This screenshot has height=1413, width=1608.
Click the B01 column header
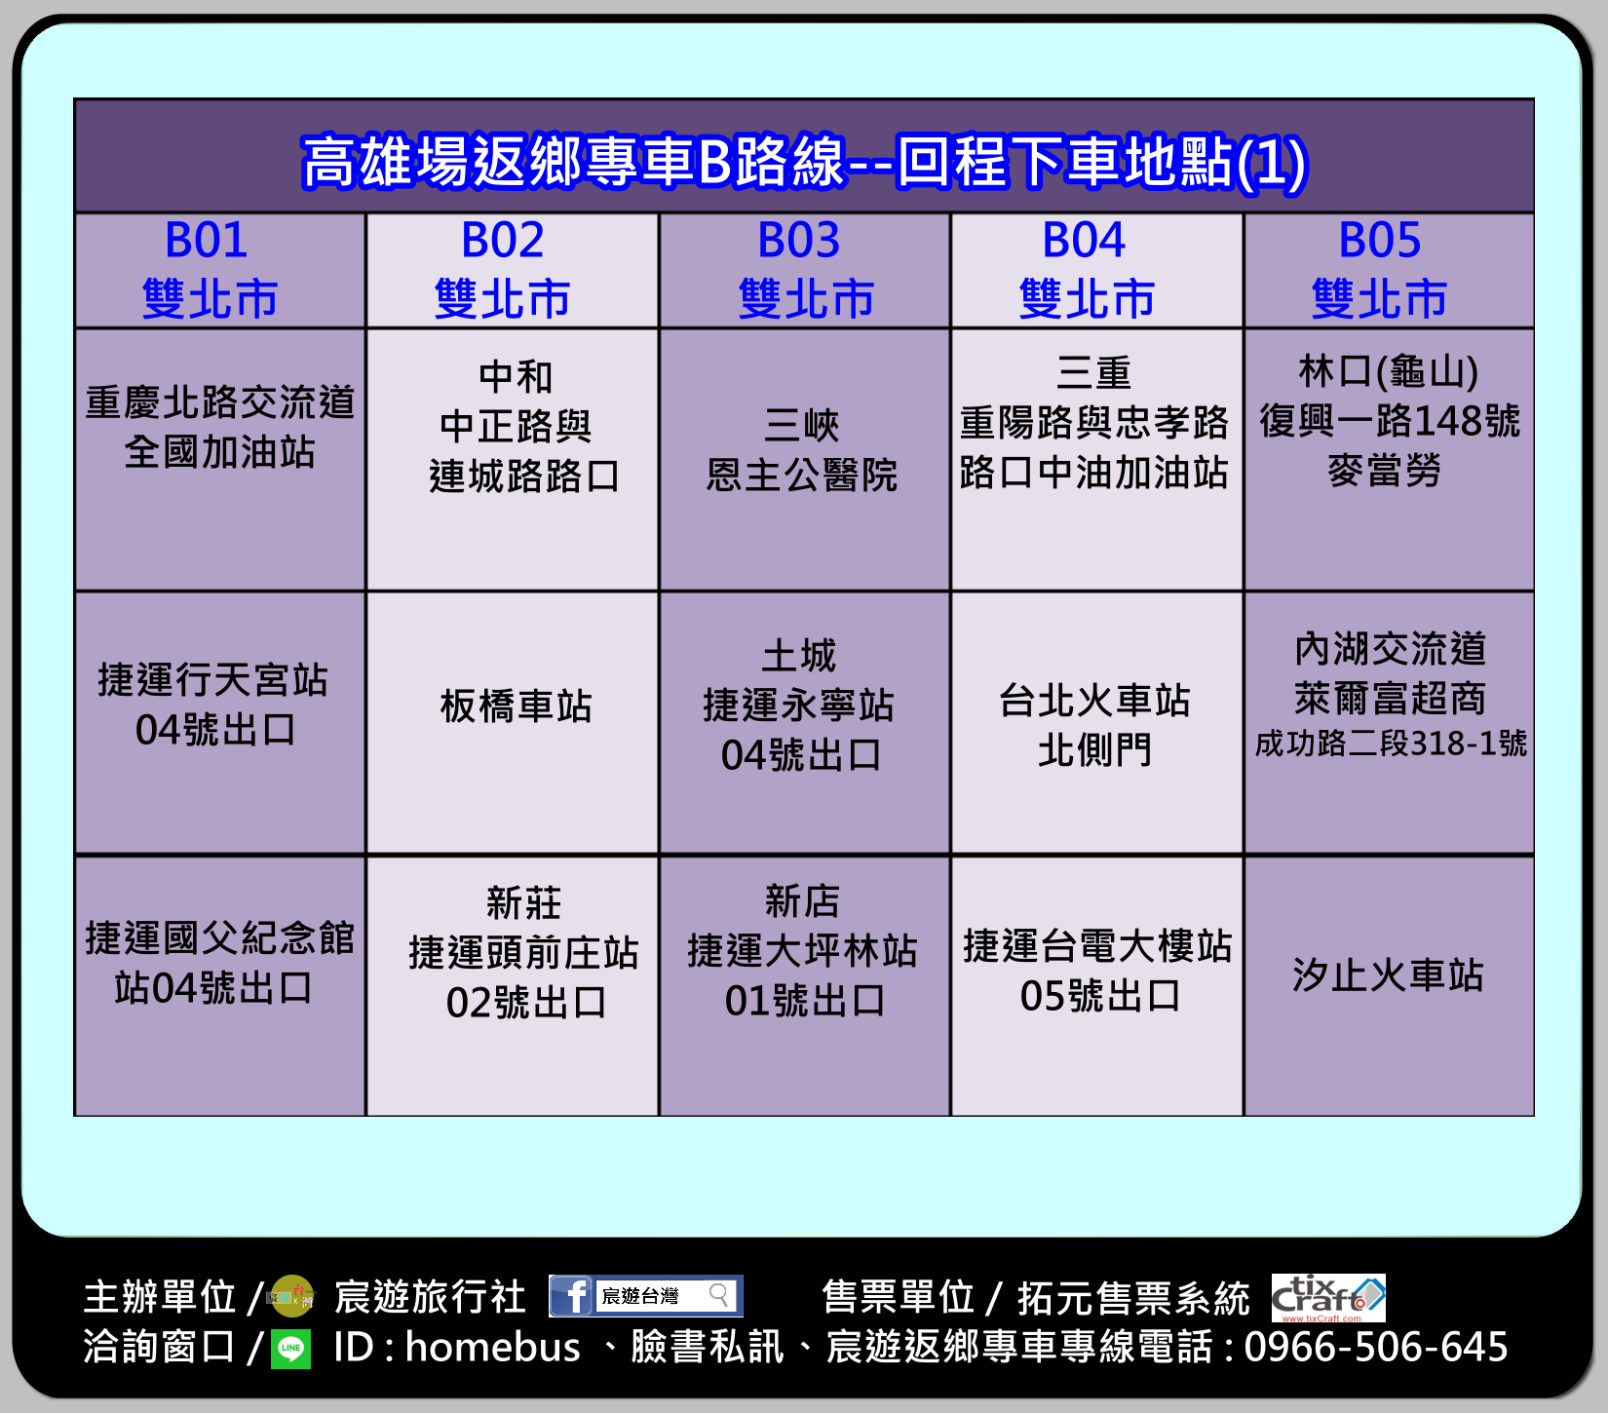click(220, 270)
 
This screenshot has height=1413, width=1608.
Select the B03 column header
click(805, 270)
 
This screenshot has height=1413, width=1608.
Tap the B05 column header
click(1389, 270)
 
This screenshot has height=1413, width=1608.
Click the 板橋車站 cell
click(513, 723)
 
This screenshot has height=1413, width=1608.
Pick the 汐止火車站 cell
click(1389, 986)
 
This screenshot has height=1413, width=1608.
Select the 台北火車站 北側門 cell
click(1096, 723)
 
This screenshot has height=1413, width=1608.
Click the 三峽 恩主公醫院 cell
click(805, 459)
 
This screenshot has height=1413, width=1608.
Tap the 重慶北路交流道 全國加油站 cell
click(220, 459)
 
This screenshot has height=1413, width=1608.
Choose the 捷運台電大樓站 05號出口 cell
click(1096, 986)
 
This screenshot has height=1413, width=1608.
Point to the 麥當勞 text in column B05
click(1384, 471)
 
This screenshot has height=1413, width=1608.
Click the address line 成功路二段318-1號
click(1391, 744)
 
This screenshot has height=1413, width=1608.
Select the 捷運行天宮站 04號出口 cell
click(220, 723)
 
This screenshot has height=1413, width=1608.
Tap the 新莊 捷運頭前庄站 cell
click(513, 986)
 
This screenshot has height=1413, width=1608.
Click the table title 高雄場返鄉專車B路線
click(573, 162)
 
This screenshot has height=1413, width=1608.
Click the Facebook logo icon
click(572, 1296)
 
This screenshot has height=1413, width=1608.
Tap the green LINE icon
click(290, 1349)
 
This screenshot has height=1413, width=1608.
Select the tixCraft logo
click(1328, 1298)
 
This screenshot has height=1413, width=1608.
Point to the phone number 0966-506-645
click(1376, 1347)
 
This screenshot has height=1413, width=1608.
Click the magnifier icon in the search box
click(719, 1295)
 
